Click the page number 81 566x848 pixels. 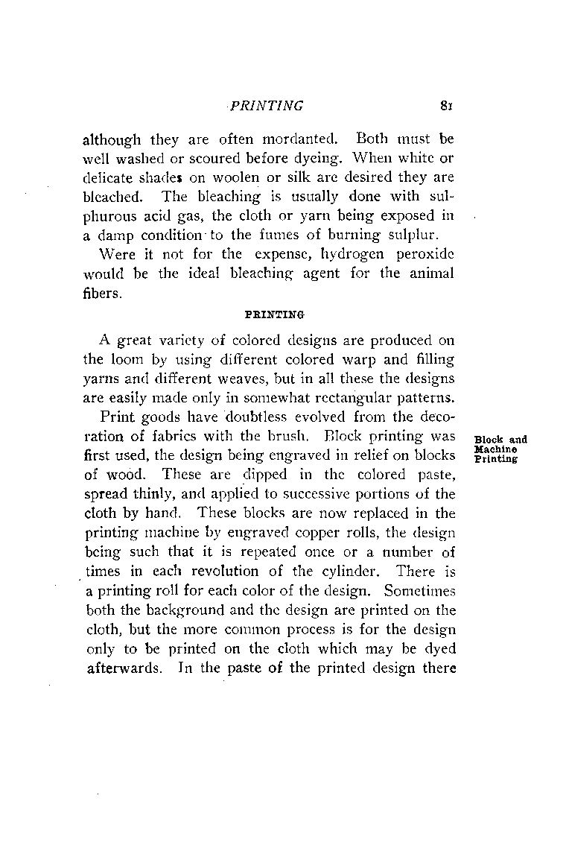pyautogui.click(x=446, y=106)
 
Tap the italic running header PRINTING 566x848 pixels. pyautogui.click(x=266, y=106)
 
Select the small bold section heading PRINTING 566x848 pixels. pyautogui.click(x=270, y=314)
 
